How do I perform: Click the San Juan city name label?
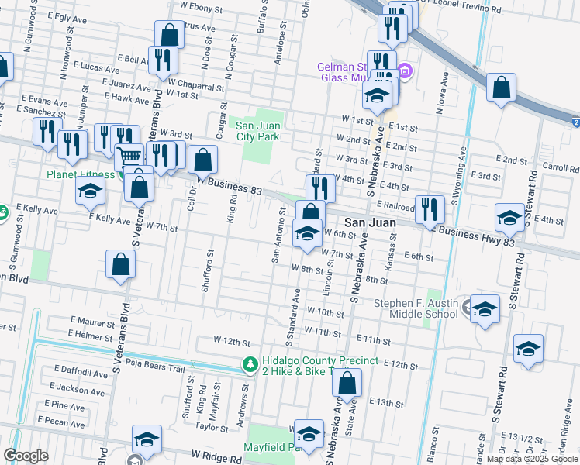(x=371, y=222)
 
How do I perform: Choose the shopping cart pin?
(x=129, y=157)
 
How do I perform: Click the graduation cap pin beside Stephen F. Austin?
(x=485, y=312)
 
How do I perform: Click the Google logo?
(x=26, y=456)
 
